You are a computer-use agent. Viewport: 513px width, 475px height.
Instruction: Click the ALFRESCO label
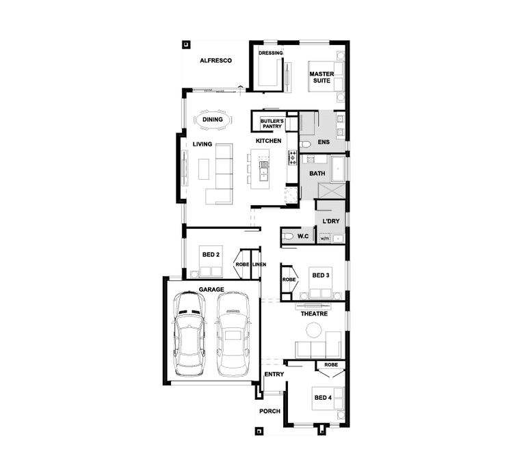click(215, 61)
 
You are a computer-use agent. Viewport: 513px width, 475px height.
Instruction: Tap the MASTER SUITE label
click(320, 77)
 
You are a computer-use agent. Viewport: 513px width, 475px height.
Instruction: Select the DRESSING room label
click(270, 53)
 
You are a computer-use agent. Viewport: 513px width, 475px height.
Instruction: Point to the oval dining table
click(213, 120)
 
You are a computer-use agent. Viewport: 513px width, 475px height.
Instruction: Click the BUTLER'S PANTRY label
click(272, 123)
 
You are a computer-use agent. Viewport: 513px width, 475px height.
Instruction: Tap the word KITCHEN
click(269, 141)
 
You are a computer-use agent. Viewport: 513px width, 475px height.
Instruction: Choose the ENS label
click(324, 142)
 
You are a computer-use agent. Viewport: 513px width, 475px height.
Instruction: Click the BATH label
click(317, 174)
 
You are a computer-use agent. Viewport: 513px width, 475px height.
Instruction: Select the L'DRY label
click(331, 221)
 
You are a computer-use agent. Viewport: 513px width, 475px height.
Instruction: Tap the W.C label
click(303, 236)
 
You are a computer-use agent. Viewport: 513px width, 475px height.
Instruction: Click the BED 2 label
click(211, 256)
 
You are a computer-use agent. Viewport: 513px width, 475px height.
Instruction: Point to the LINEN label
click(259, 264)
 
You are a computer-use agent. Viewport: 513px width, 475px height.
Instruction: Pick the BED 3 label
click(321, 275)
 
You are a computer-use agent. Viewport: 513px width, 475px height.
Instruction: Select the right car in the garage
click(233, 333)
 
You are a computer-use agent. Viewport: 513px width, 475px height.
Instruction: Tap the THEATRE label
click(314, 314)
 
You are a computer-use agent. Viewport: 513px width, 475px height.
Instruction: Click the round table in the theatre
click(313, 330)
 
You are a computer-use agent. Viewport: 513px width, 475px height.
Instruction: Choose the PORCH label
click(269, 411)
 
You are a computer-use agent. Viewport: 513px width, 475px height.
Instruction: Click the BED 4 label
click(322, 397)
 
